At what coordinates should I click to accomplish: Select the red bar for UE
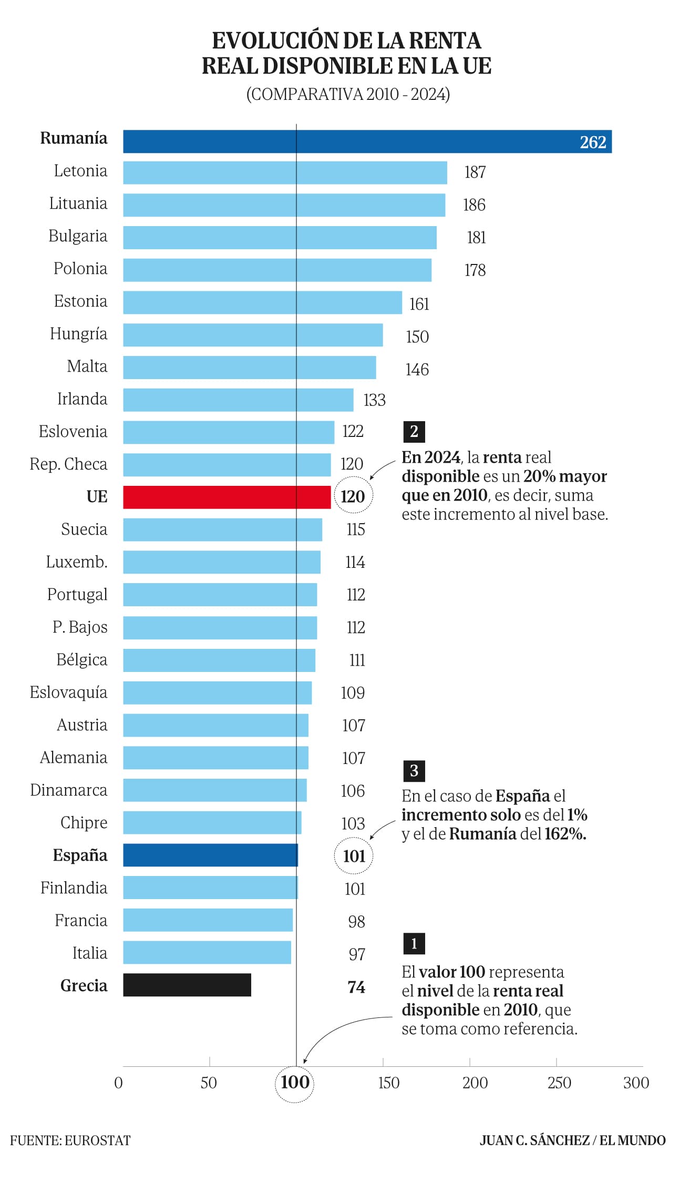point(227,497)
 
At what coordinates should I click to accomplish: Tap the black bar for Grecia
point(187,985)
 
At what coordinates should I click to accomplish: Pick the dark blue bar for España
point(210,855)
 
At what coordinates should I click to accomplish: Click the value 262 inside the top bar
point(593,142)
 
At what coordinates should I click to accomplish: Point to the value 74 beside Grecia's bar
point(356,987)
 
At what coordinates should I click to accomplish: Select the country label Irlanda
point(82,399)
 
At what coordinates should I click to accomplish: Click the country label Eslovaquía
point(68,692)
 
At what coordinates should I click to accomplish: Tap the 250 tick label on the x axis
point(559,1083)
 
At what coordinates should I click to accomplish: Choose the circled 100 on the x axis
point(295,1082)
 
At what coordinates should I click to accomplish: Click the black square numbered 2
point(414,432)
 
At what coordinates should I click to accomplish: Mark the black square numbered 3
point(414,771)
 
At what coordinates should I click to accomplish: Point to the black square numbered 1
point(414,944)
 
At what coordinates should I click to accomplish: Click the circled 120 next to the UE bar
point(353,496)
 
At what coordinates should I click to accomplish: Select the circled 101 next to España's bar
point(354,856)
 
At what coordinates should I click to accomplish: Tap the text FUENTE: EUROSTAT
point(70,1140)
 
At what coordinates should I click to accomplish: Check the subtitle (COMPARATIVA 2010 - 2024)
point(348,94)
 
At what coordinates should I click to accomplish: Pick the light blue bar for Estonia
point(262,302)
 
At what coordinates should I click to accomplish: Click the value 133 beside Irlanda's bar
point(374,400)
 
